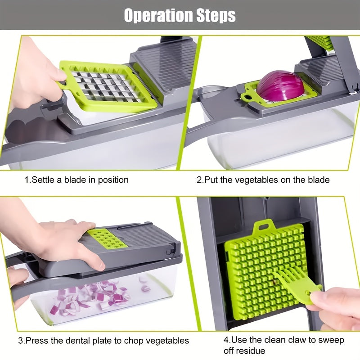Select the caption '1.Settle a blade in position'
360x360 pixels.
[76, 180]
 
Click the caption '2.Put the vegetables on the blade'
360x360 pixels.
[263, 180]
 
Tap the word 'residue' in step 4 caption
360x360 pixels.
[251, 351]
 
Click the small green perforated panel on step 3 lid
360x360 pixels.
[107, 238]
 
